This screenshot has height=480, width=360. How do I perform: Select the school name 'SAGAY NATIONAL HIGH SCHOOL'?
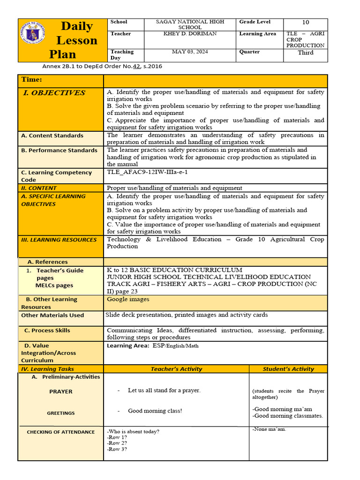click(190, 24)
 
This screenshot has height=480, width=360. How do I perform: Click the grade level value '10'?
click(306, 22)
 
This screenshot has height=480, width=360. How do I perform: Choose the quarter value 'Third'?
click(306, 52)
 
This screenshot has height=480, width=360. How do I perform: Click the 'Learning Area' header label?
click(257, 34)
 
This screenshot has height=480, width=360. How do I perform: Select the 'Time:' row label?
click(31, 80)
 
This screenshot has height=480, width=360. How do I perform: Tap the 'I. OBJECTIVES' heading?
click(54, 93)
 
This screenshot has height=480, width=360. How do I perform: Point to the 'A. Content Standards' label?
click(52, 135)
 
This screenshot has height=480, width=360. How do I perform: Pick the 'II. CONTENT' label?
click(39, 188)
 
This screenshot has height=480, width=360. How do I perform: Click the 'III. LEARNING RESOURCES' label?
click(59, 240)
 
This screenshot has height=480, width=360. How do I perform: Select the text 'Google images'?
click(128, 299)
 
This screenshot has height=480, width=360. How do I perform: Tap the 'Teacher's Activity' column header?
click(176, 369)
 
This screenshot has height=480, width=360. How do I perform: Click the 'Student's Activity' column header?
click(288, 369)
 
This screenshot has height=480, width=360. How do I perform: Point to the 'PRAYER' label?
click(61, 391)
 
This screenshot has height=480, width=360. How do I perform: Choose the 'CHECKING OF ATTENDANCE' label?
click(60, 432)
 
